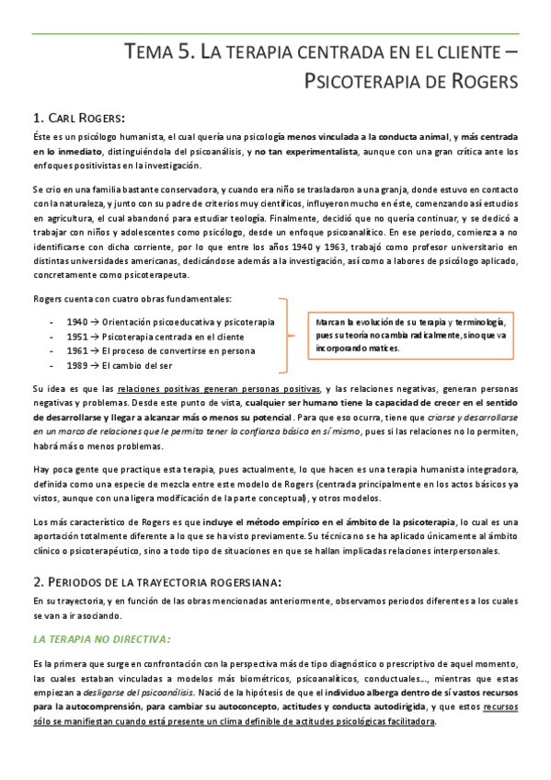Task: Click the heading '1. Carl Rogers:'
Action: pos(78,117)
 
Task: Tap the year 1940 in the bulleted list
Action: pos(77,322)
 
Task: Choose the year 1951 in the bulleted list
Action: pos(77,337)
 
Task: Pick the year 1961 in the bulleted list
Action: pos(77,351)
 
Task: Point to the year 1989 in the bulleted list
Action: pos(77,366)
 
